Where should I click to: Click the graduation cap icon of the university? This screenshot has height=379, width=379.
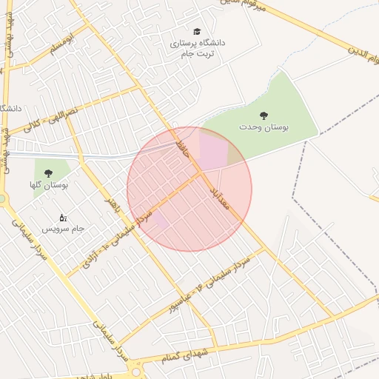pyautogui.click(x=197, y=31)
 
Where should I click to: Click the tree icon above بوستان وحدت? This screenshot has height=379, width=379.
pyautogui.click(x=263, y=115)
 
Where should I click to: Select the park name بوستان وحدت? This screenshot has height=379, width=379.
pyautogui.click(x=264, y=127)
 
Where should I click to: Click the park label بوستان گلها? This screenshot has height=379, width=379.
pyautogui.click(x=49, y=185)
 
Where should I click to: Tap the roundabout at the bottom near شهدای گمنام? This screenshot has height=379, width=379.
pyautogui.click(x=135, y=369)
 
